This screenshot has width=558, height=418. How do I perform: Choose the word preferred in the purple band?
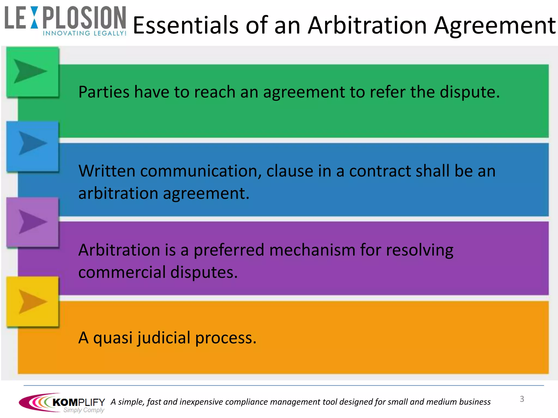coord(229,250)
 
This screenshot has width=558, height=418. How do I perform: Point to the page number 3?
coord(522,399)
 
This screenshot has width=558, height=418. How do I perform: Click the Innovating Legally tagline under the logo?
coord(84,33)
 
